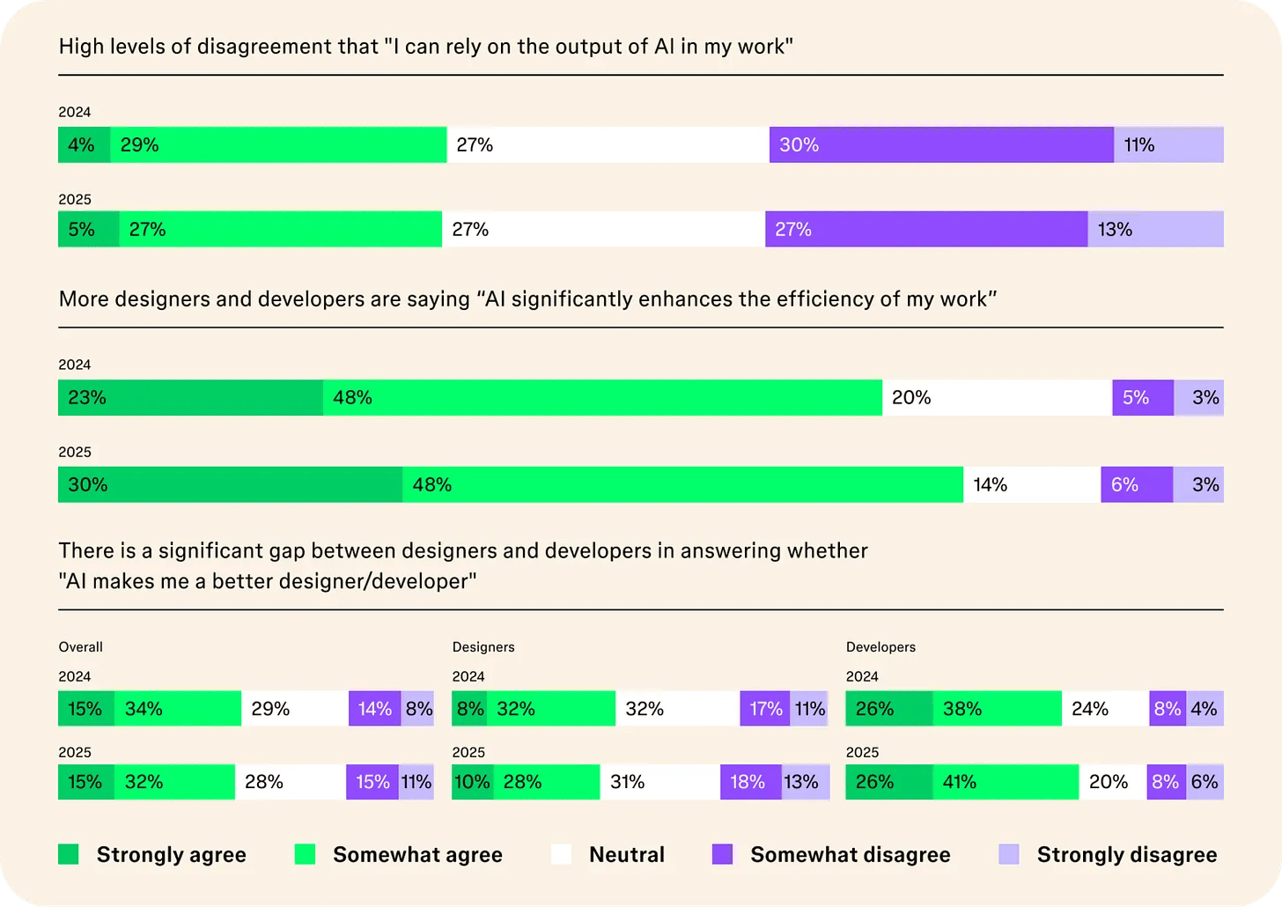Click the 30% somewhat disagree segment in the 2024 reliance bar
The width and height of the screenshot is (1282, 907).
coord(941,145)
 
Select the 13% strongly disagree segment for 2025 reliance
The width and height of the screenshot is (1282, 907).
coord(1155,230)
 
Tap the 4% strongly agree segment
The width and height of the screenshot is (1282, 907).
coord(84,145)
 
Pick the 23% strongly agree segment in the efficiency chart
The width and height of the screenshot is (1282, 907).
coord(190,398)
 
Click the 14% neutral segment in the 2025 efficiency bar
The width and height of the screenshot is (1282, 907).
coord(1032,485)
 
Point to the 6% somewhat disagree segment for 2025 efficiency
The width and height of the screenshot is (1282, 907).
coord(1137,485)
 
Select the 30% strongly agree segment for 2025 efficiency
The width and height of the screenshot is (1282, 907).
coord(230,485)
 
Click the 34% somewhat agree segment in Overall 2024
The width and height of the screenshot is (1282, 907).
coord(178,709)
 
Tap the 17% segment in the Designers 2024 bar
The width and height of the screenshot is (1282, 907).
coord(765,709)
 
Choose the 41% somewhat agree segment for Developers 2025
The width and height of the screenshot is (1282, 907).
coord(1006,782)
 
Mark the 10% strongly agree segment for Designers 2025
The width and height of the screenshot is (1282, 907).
coord(472,782)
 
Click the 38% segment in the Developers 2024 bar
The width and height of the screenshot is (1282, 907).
coord(997,709)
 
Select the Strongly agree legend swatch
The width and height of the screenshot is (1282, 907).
coord(69,854)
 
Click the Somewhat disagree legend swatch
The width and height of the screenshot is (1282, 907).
coord(722,854)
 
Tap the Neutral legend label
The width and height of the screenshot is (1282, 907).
coord(627,855)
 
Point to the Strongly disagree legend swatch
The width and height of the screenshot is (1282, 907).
coord(1009,854)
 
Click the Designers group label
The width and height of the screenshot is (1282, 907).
coord(483,647)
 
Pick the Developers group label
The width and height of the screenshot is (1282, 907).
coord(880,647)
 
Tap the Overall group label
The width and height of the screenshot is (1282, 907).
coord(81,647)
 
